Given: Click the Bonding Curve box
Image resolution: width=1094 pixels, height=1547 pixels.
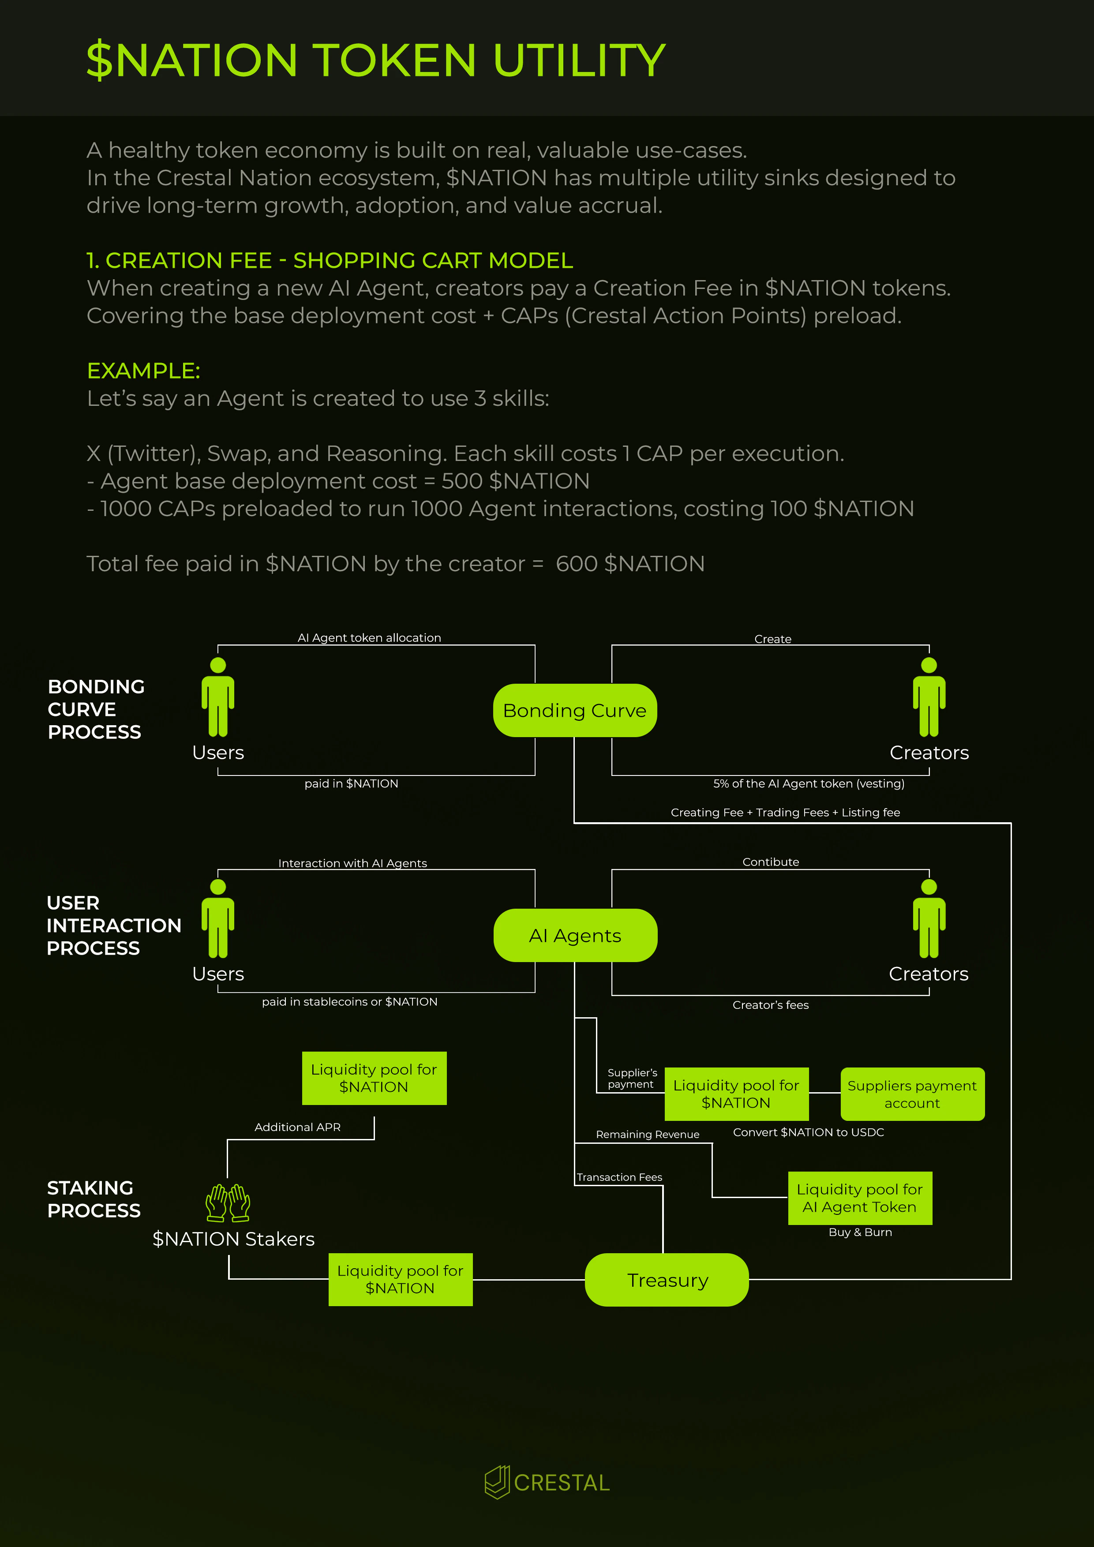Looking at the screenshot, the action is click(x=575, y=710).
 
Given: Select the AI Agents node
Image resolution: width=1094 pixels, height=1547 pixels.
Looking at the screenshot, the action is click(x=575, y=935).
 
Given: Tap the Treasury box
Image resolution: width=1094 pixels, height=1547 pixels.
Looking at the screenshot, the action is click(x=667, y=1280).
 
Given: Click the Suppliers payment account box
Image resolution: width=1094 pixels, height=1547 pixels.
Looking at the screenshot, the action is click(x=912, y=1094).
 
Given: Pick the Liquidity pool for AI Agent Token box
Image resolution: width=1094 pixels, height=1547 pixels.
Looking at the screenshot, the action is click(x=860, y=1198).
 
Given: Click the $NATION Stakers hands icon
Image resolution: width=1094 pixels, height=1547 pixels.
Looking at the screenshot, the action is click(x=228, y=1202).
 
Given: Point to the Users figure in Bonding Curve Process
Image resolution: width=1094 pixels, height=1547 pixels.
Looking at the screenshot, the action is click(x=217, y=697).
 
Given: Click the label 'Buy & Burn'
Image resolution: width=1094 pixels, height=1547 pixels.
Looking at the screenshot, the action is click(x=860, y=1232).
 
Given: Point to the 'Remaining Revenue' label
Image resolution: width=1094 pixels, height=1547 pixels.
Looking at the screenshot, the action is click(x=648, y=1135).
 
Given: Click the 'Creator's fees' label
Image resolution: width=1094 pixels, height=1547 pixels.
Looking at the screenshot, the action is click(x=771, y=1004).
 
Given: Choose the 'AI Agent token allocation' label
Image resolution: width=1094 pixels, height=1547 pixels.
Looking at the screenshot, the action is click(x=369, y=637).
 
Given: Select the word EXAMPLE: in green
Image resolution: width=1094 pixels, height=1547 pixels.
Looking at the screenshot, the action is click(x=143, y=371).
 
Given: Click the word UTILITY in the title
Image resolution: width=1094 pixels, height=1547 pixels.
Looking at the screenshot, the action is click(x=579, y=60).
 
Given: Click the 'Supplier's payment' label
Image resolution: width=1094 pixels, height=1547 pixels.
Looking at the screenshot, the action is click(x=632, y=1078).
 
